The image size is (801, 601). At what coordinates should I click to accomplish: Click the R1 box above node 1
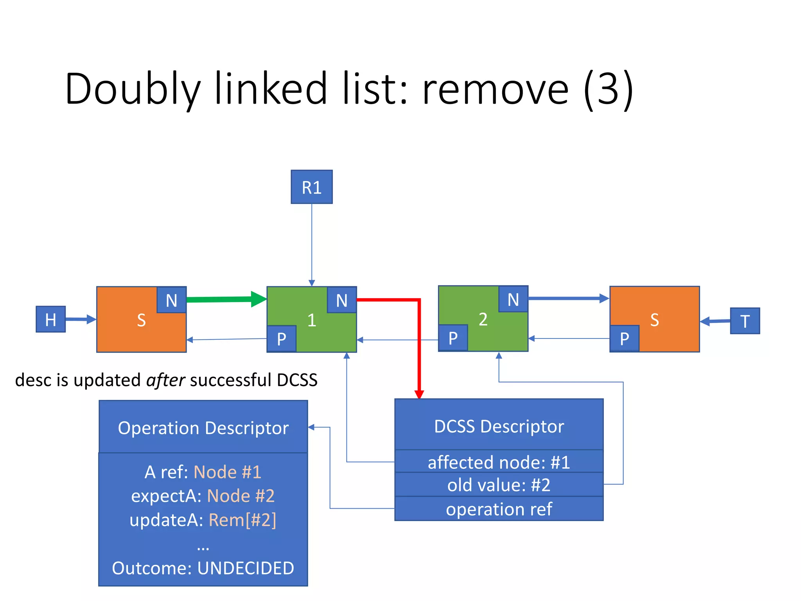pos(311,187)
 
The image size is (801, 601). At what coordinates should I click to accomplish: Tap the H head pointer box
pos(51,319)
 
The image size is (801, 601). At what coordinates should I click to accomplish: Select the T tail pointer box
pos(745,321)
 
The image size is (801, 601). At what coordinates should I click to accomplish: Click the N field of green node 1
pos(341,300)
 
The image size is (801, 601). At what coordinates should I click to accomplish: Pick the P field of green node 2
pos(453,338)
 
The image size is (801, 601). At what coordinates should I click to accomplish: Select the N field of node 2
pos(513,299)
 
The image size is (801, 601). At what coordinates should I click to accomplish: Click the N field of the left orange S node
pos(171,300)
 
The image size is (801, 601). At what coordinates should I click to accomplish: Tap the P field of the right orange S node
pos(624,338)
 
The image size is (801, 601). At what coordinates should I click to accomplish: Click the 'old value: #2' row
pos(499,485)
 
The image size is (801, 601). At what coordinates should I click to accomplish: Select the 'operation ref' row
pos(499,509)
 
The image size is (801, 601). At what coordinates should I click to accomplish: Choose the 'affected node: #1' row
pos(499,462)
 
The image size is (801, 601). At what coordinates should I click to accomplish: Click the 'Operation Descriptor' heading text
pos(203,428)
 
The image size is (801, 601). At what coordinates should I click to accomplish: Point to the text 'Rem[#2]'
pos(242,520)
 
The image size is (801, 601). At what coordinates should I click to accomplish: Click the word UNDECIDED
pos(246,568)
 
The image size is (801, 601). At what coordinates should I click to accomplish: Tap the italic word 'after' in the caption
pos(165,380)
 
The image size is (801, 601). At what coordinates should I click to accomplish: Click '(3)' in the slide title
pos(608,89)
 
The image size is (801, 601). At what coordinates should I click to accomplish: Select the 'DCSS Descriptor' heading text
pos(499,426)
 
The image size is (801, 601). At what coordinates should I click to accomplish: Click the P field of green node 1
pos(281,339)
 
